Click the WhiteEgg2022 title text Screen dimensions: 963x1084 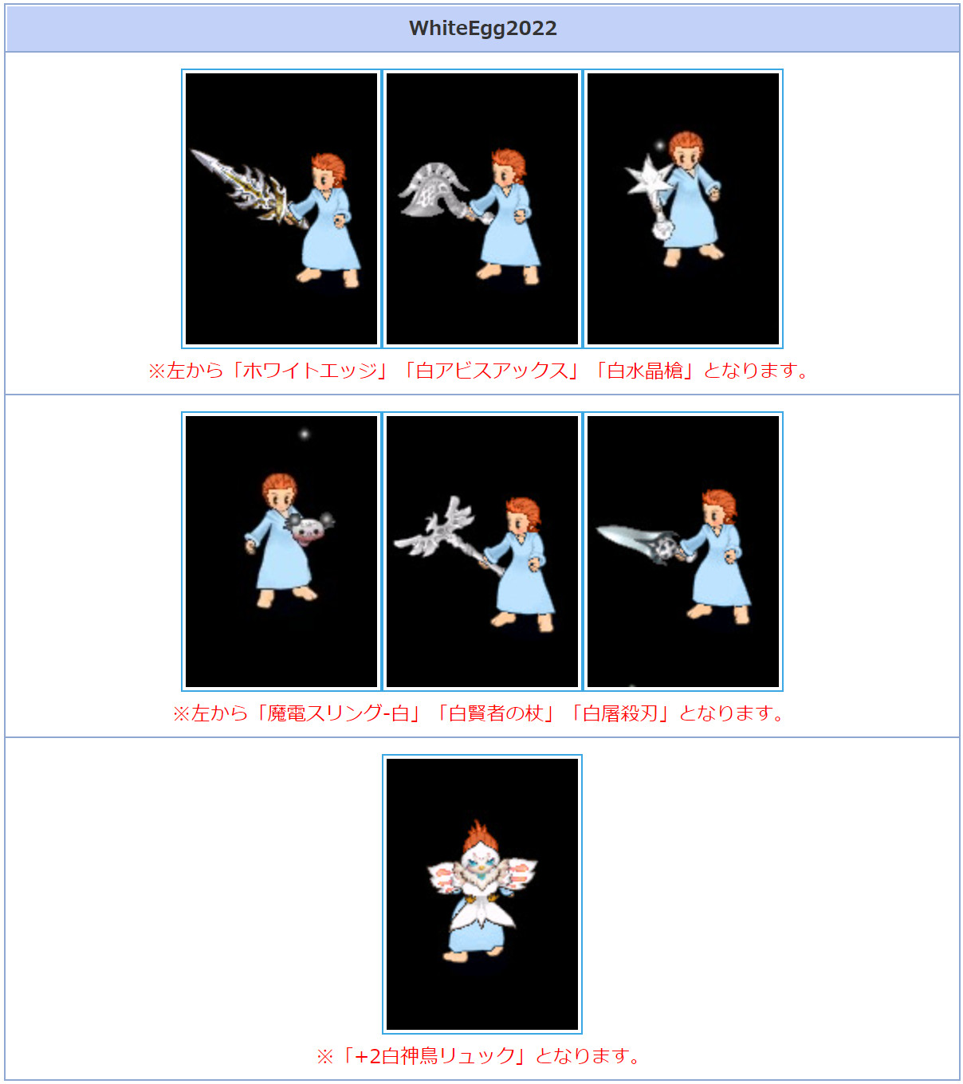(x=482, y=29)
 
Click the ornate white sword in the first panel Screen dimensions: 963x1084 (x=247, y=188)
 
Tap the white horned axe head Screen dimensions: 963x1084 (x=431, y=190)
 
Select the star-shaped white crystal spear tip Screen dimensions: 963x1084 (x=647, y=175)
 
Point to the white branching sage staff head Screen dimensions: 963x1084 (x=436, y=527)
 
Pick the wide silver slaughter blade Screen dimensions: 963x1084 (x=640, y=542)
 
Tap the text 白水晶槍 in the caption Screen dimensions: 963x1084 (x=645, y=371)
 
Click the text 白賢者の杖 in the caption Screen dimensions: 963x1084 (x=496, y=713)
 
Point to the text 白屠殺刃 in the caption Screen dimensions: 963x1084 (x=620, y=713)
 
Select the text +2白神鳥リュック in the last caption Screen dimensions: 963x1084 (x=434, y=1055)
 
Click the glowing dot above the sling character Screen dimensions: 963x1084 (x=305, y=434)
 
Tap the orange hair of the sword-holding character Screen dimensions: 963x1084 (x=328, y=168)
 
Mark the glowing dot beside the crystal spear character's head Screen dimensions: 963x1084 (x=660, y=145)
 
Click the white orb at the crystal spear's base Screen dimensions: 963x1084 (x=662, y=230)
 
